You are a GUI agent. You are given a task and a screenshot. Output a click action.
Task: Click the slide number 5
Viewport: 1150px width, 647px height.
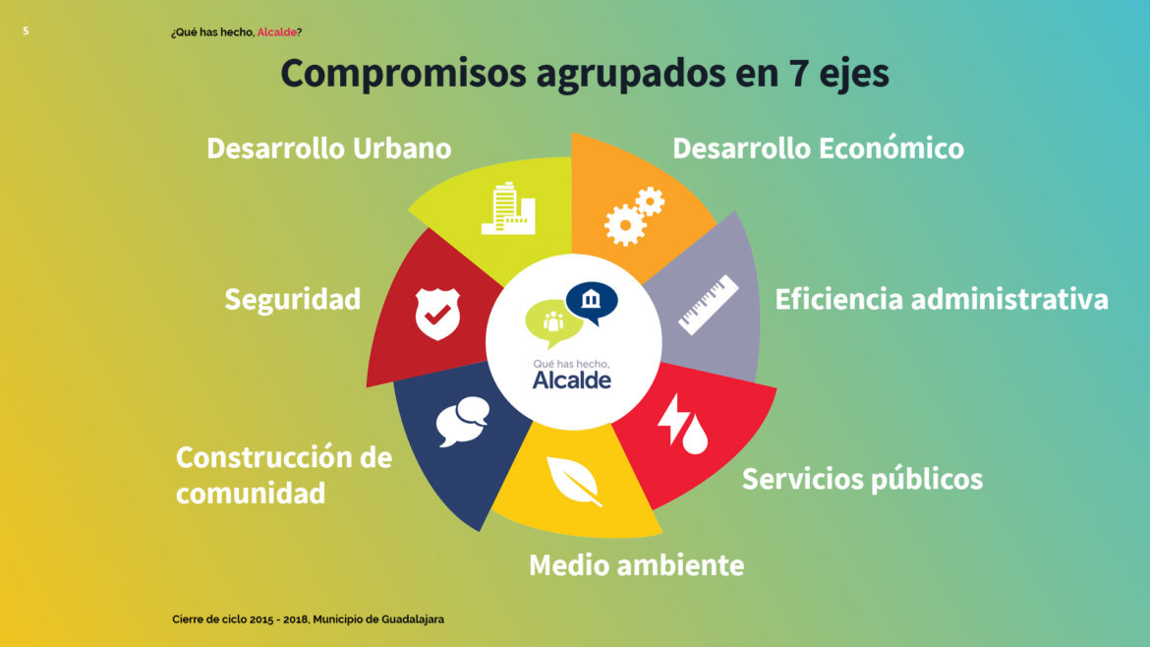coord(26,30)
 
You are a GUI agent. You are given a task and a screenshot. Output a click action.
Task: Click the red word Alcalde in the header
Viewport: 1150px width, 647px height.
coord(276,32)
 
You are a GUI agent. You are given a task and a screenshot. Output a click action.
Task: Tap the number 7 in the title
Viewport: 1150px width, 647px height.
coord(798,73)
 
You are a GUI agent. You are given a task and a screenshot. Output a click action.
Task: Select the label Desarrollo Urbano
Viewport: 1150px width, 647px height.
coord(328,148)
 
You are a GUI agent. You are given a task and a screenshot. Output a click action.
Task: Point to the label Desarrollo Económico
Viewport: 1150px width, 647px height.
coord(818,148)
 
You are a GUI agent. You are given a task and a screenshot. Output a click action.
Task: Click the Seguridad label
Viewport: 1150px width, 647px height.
coord(293,299)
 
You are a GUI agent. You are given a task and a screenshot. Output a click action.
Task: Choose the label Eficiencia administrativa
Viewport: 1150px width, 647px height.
coord(941,299)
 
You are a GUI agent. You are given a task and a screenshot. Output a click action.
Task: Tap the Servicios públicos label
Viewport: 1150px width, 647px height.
coord(862,479)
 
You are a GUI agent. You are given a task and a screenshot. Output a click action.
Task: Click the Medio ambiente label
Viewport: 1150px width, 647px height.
coord(636,564)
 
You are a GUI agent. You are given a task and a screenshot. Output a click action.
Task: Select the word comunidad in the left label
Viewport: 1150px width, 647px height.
coord(250,493)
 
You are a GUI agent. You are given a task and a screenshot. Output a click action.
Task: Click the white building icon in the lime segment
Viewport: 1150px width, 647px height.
coord(508,208)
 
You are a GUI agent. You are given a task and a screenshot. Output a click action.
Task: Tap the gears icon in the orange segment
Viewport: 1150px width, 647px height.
coord(634,216)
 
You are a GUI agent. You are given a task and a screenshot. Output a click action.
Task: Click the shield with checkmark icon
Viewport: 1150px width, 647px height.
coord(437,314)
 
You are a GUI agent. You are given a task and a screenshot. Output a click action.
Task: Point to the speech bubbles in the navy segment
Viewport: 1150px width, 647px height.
coord(463,421)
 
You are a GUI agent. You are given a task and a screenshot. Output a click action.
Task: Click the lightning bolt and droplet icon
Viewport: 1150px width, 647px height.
coord(682,424)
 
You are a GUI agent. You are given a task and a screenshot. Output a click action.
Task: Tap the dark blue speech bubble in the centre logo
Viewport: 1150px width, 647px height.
coord(592,302)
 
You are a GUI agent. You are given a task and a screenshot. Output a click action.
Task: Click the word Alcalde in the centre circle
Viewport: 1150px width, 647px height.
coord(571,380)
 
